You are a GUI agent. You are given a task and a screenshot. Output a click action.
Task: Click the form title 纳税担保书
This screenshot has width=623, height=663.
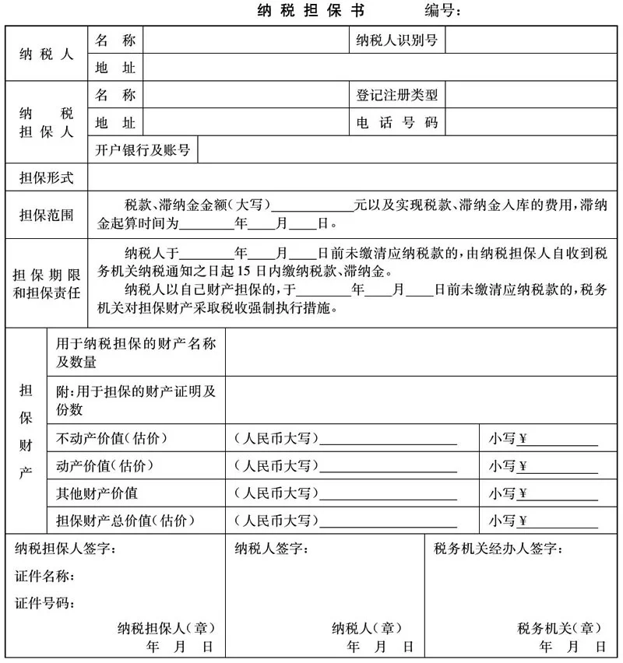coord(311,11)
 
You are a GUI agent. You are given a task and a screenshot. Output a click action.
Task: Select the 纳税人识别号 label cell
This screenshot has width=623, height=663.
coord(396,40)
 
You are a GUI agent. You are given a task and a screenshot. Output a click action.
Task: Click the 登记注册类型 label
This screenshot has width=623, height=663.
coord(397,96)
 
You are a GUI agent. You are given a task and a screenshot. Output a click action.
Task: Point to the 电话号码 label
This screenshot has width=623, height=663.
coord(397,123)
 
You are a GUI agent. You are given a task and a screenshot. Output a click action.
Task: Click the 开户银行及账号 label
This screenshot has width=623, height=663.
coord(143,150)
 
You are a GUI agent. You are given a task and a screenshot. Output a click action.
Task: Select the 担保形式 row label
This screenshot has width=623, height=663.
coord(47,178)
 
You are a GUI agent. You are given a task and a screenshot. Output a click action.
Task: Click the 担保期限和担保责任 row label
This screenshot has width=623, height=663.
coord(47,285)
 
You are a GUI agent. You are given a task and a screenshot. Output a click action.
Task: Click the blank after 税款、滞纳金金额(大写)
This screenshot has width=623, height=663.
coord(312,205)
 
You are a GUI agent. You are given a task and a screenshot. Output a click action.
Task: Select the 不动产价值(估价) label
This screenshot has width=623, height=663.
coord(112,439)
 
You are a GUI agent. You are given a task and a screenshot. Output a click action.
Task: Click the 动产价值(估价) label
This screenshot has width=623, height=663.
coord(105,466)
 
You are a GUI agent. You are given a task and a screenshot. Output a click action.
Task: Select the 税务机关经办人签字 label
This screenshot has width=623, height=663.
coord(498,549)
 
